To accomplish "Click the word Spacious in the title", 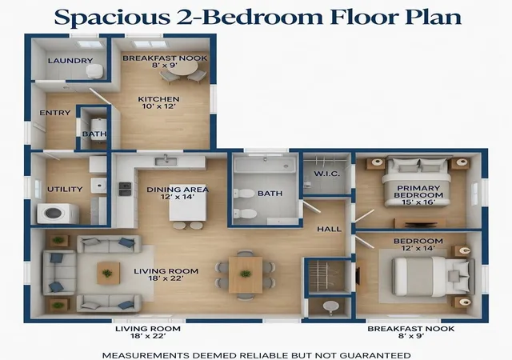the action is [x=112, y=17].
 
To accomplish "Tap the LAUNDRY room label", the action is [x=70, y=61].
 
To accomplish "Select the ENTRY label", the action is [x=55, y=113].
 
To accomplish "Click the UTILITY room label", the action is [x=65, y=189].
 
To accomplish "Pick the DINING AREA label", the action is [x=178, y=190].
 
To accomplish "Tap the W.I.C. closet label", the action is [x=327, y=174].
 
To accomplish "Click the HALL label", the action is [x=329, y=229].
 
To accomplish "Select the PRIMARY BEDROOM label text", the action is [x=418, y=192].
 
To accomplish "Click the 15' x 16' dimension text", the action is [x=418, y=202].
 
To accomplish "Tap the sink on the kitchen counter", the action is [x=166, y=161].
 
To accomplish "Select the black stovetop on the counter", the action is [x=125, y=189].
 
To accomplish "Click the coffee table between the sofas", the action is [x=109, y=273].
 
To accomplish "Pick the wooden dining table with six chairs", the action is [x=246, y=274].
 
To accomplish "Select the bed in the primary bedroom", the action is [x=416, y=182].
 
